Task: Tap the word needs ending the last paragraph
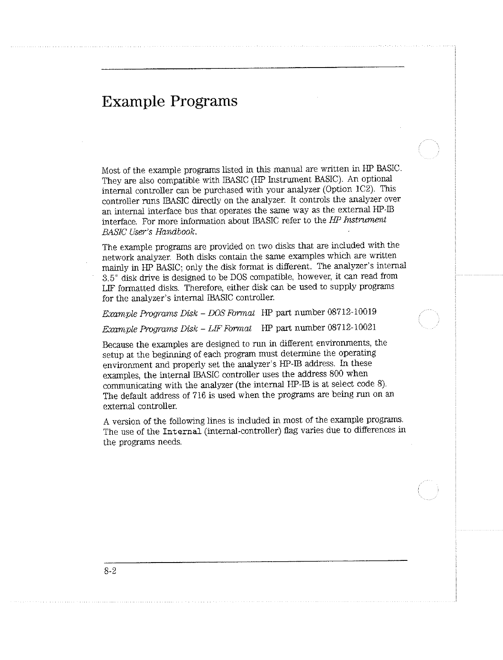point(171,442)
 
